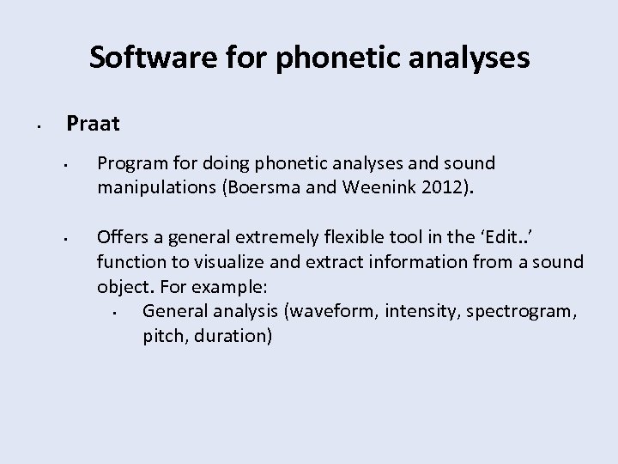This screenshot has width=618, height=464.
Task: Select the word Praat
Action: [94, 124]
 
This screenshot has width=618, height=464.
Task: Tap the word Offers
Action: [121, 236]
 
